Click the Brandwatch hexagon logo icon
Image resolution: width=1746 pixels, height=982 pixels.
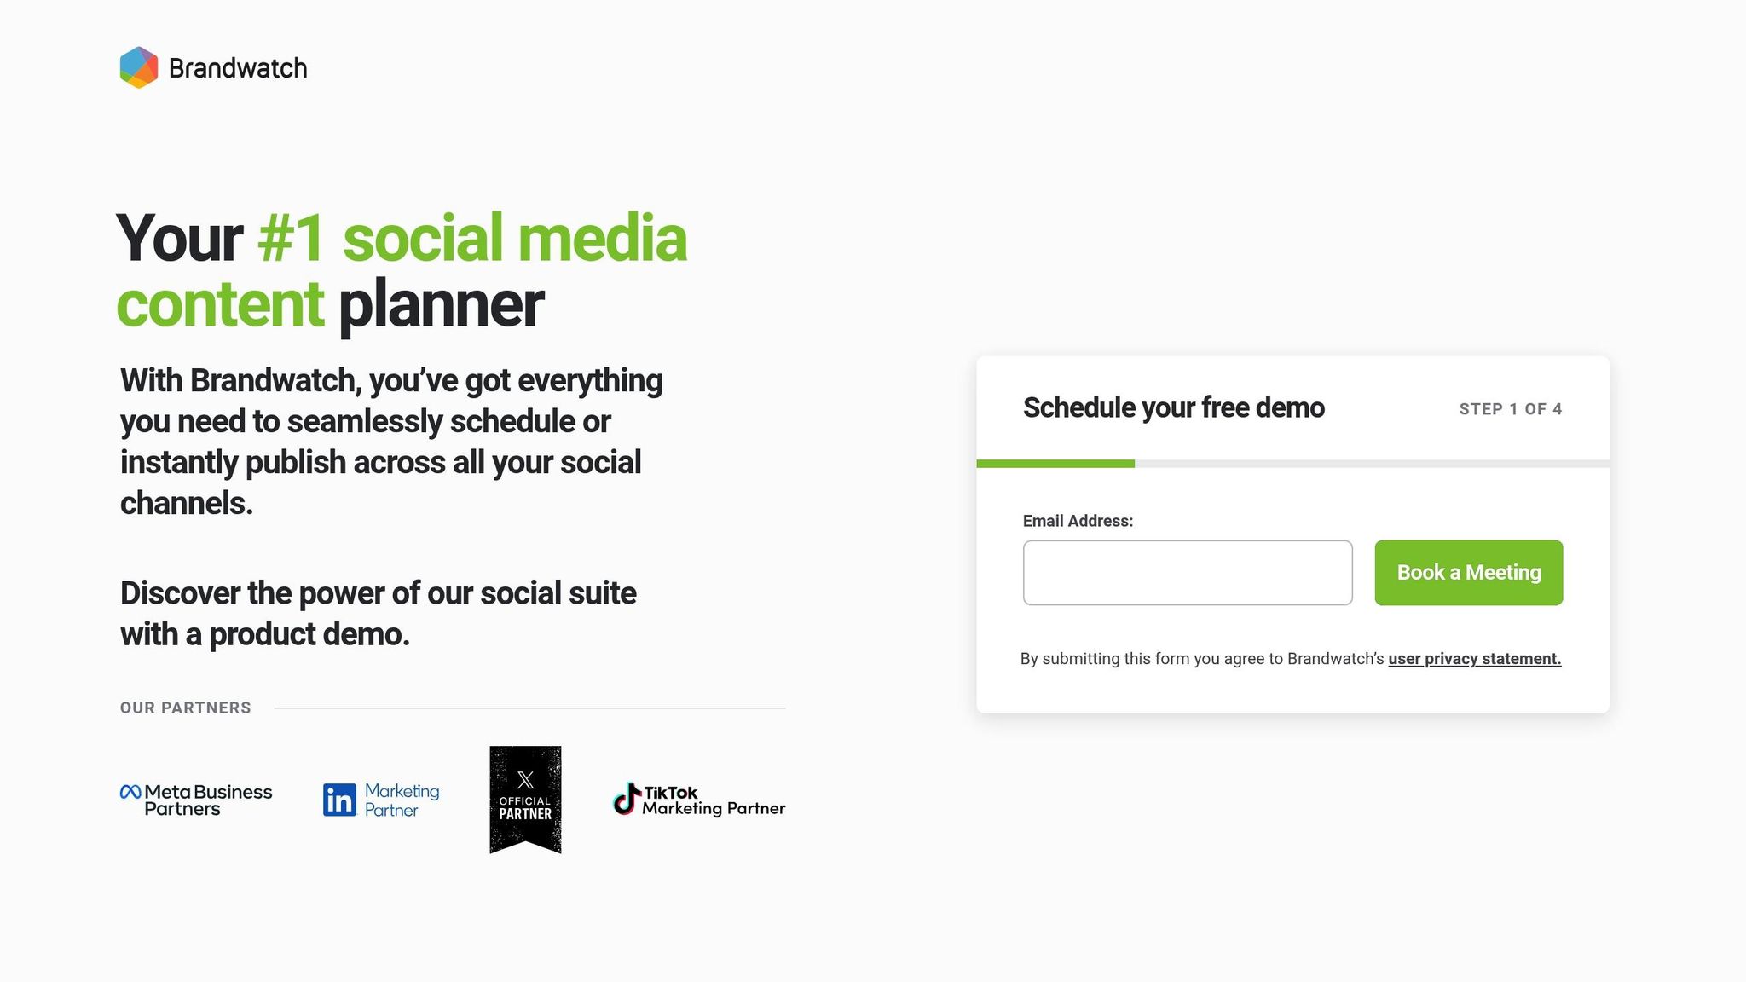pos(139,67)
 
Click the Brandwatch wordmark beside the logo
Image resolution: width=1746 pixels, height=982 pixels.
pos(238,68)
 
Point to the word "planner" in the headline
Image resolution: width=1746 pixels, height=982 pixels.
pos(441,304)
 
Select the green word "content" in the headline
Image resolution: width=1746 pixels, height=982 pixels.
pos(220,304)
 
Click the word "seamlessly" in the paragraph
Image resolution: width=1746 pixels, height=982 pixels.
pos(364,421)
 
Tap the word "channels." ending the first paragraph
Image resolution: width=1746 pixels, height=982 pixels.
pos(187,503)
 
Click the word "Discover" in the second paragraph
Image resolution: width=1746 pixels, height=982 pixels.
pos(180,593)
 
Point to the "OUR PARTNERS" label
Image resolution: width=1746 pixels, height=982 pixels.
pos(186,708)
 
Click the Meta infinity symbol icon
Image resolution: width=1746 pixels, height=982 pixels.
pos(130,792)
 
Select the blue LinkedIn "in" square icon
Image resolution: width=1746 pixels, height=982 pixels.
pos(339,800)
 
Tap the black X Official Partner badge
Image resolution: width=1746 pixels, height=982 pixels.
pos(525,799)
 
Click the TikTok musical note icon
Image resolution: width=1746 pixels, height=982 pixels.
pos(627,799)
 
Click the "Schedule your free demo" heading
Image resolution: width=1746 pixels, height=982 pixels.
pos(1173,407)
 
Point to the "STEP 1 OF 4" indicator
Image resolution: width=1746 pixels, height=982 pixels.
pos(1510,409)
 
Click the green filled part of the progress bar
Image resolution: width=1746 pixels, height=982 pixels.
pos(1055,464)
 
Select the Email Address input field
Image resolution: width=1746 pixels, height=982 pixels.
pos(1187,573)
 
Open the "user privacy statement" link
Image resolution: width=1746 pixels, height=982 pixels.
pos(1474,659)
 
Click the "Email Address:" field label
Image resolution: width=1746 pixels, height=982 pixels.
pos(1078,521)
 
